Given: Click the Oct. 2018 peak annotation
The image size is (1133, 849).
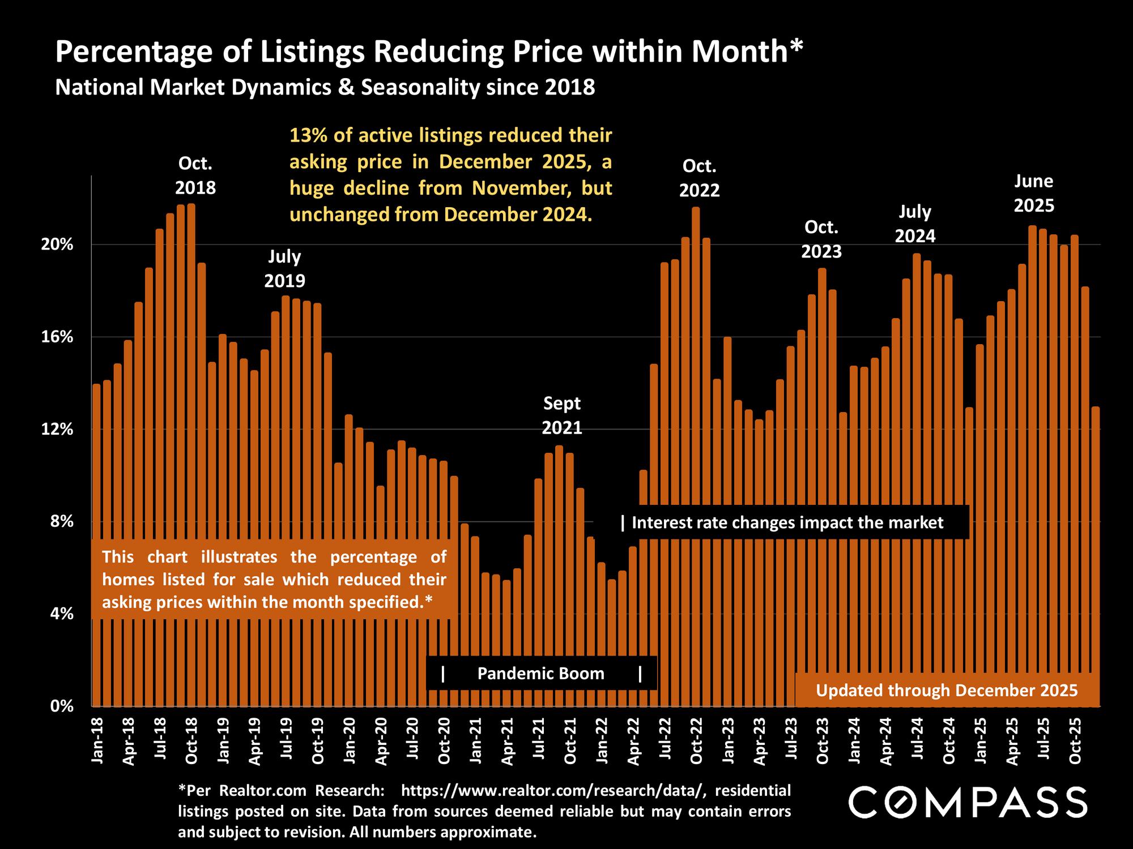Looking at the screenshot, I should (195, 175).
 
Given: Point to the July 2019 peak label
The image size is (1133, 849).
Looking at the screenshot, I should (284, 268).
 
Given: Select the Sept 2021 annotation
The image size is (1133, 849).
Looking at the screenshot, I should (562, 415).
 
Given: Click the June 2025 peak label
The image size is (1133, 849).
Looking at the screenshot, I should (1034, 193).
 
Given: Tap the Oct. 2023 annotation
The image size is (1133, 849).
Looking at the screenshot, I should (821, 239).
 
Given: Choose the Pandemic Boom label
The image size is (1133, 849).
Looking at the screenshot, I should (541, 674).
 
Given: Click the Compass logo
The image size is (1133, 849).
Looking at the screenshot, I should (968, 802).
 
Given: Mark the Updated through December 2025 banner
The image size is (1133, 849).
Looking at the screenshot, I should (947, 691).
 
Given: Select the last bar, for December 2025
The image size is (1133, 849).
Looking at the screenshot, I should (1096, 555).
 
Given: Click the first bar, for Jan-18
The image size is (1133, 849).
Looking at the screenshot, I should (96, 543).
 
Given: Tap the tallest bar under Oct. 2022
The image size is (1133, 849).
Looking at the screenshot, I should (696, 453).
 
